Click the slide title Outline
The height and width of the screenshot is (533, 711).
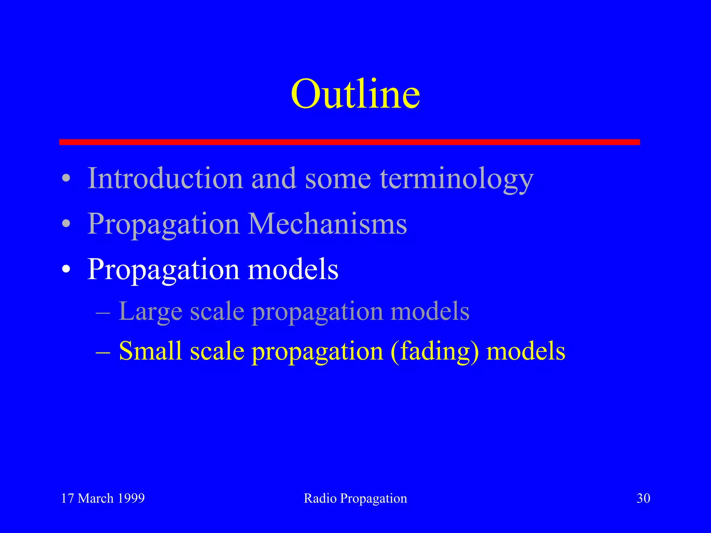pos(355,94)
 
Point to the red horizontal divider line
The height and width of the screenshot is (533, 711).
pos(349,142)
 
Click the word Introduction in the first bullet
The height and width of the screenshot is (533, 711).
pos(165,178)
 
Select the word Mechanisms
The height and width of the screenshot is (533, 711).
pos(327,224)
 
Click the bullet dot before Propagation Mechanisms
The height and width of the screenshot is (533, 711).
pos(66,224)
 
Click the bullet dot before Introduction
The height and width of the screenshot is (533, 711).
pos(66,179)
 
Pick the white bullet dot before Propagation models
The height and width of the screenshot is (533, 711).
pos(66,270)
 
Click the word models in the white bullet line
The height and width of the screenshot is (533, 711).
pos(293,270)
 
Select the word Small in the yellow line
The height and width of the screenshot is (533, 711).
pos(150,351)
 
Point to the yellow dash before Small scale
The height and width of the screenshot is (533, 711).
pos(103,352)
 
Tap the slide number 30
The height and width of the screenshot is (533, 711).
pos(643,498)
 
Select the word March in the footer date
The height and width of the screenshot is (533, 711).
pos(95,498)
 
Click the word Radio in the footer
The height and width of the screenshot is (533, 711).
pos(320,498)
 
